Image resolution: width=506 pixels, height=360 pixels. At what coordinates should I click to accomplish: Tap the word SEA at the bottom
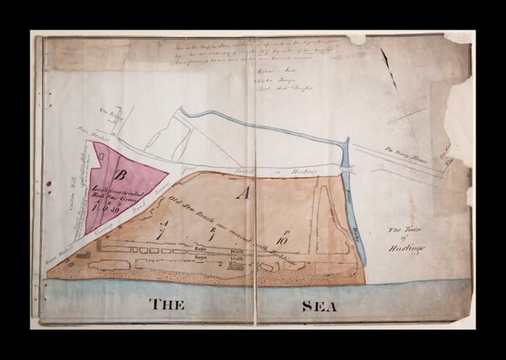(x=320, y=305)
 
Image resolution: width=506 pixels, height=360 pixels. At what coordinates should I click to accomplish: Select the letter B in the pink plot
(x=121, y=175)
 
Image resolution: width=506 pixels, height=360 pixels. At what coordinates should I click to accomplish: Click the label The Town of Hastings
(x=407, y=239)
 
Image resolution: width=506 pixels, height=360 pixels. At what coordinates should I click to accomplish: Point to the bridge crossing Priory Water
(x=347, y=169)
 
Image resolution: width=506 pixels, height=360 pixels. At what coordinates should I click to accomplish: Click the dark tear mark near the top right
(x=387, y=58)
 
